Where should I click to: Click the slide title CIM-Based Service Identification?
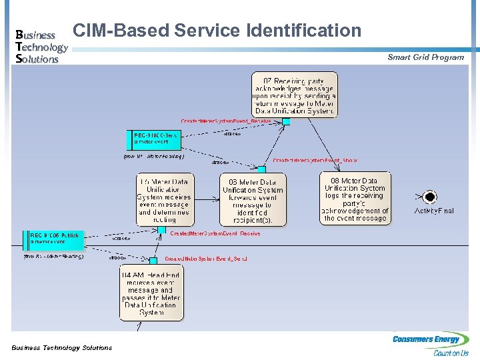tap(217, 31)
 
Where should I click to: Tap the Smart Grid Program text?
tap(425, 57)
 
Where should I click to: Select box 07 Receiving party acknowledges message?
tap(294, 94)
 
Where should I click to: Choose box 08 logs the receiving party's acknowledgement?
tap(355, 198)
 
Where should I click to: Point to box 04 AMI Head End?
tap(151, 293)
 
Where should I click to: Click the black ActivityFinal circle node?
tap(430, 197)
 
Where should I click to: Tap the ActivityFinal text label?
tap(433, 211)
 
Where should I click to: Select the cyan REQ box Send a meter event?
tap(152, 139)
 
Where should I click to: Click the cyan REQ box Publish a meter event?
tap(56, 239)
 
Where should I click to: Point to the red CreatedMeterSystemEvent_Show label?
tap(315, 161)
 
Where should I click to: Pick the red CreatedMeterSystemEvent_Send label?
tap(206, 258)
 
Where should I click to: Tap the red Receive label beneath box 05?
tap(215, 234)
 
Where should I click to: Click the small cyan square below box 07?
tap(286, 121)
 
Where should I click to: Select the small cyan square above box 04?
tap(153, 261)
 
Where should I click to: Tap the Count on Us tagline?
tap(451, 353)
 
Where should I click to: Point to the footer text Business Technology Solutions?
tap(61, 347)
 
